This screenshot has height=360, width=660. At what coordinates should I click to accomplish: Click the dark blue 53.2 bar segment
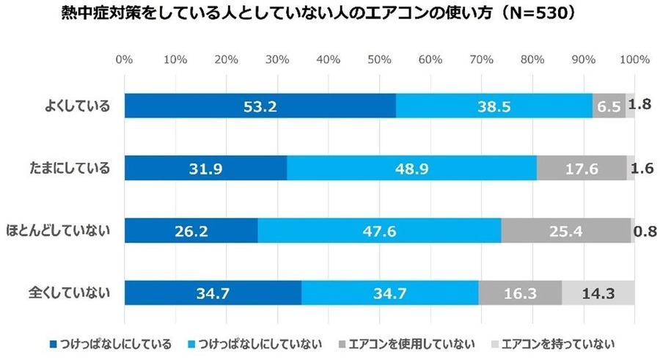[260, 106]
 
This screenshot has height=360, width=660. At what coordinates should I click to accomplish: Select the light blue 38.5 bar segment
[494, 106]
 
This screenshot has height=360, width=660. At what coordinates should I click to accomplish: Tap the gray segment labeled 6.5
[609, 106]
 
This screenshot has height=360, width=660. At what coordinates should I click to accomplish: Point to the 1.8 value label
[643, 104]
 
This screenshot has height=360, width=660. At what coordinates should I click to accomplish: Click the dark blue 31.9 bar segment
[206, 169]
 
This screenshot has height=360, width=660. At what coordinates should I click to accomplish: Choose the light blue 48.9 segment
[411, 169]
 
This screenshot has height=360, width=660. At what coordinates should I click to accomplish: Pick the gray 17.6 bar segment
[582, 169]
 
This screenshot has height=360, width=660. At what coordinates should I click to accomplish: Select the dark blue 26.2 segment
[191, 231]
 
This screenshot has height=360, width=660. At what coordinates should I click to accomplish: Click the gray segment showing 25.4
[565, 231]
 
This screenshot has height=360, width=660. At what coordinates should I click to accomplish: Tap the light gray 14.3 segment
[598, 293]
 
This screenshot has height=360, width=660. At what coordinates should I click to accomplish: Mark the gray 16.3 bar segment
[520, 293]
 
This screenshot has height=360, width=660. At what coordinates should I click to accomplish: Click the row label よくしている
[76, 106]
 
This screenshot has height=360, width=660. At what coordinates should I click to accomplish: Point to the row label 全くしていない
[70, 293]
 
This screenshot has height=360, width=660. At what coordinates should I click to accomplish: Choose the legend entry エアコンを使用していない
[406, 342]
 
